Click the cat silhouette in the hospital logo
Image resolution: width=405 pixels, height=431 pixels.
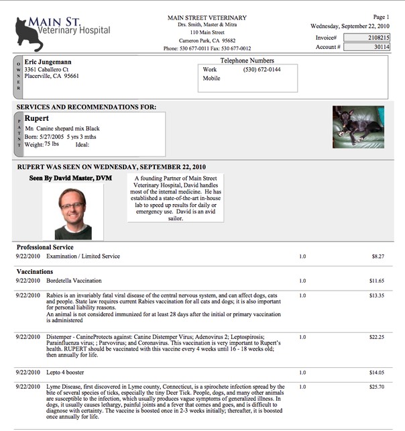tap(28, 34)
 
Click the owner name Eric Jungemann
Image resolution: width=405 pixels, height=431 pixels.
tap(48, 62)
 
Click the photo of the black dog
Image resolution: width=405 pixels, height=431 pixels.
tap(358, 126)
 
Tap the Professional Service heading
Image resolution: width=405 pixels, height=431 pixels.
tap(44, 247)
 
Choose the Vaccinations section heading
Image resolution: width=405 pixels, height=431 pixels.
tap(35, 271)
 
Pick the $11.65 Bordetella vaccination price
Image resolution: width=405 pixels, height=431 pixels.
tap(376, 280)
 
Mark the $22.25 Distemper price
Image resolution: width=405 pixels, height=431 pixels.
tap(376, 337)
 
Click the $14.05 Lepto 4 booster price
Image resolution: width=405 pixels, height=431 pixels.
tap(376, 372)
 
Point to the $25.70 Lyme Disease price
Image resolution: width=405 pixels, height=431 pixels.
tap(376, 387)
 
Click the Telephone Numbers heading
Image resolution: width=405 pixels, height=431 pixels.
tap(247, 60)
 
